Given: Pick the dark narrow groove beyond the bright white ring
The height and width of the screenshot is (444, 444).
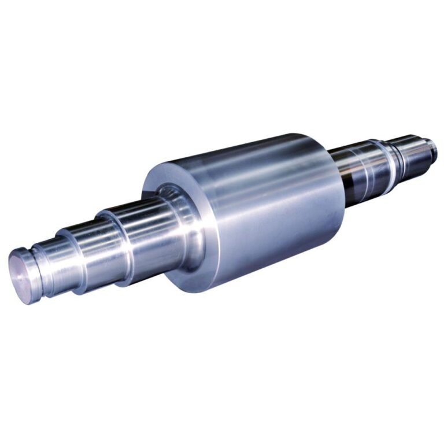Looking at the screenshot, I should coord(398,156).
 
